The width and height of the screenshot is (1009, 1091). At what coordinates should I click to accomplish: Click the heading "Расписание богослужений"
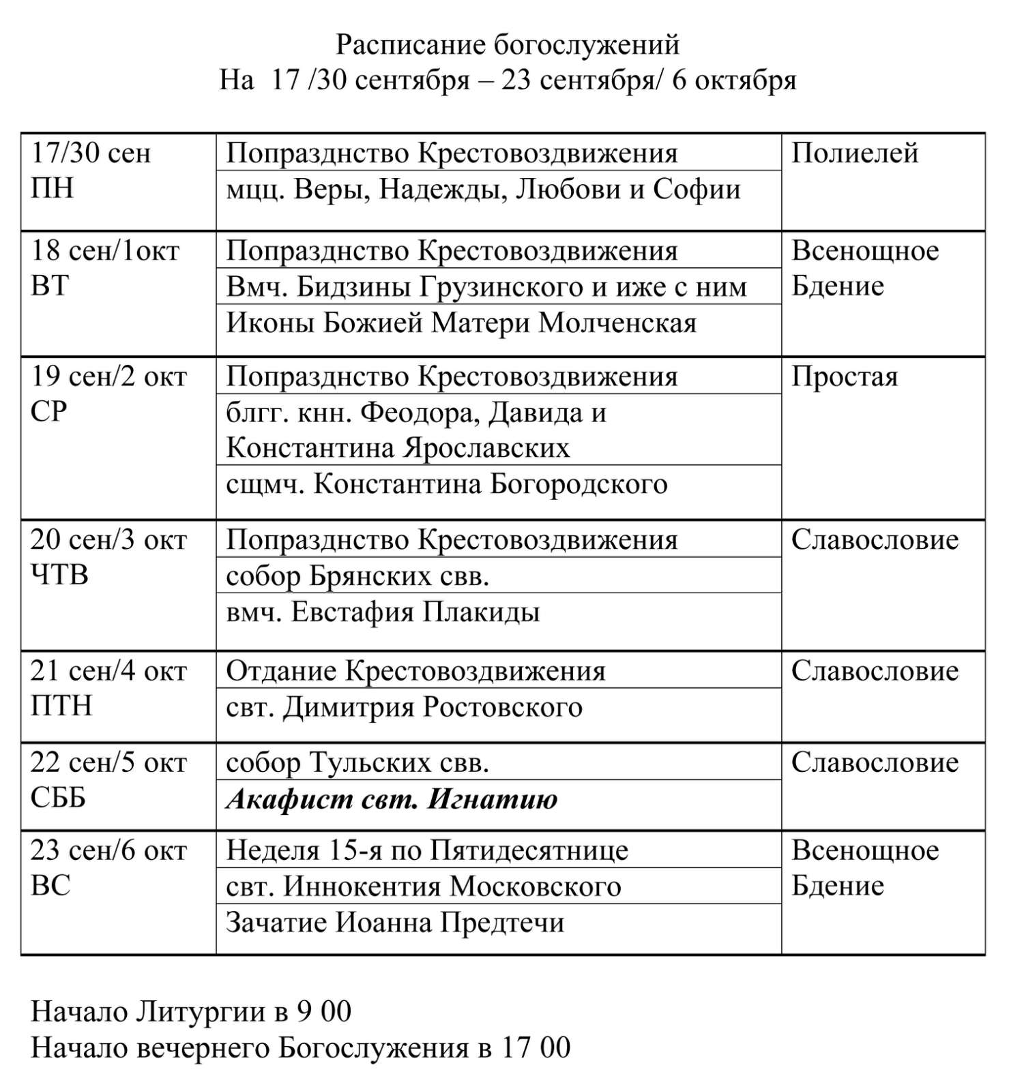click(508, 45)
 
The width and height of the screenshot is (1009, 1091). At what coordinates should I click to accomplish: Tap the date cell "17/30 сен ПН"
click(90, 170)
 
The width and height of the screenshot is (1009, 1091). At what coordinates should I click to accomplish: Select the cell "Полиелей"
click(854, 153)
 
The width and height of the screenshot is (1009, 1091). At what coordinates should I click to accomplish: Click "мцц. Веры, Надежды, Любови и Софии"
click(483, 189)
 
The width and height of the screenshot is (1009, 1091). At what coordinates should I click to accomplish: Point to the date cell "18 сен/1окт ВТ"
click(104, 268)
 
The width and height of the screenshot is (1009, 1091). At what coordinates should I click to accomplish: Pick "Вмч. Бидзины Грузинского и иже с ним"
click(486, 287)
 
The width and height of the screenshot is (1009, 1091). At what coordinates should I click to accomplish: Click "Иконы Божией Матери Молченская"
click(461, 323)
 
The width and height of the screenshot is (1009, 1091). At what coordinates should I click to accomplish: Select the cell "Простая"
click(844, 377)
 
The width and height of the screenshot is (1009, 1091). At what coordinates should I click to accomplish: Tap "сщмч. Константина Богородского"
click(446, 484)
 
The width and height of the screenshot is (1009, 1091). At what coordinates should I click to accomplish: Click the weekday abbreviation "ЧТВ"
click(59, 576)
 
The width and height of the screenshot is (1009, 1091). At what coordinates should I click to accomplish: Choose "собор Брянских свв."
click(357, 576)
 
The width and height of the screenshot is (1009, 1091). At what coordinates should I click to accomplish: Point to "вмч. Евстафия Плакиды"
click(383, 612)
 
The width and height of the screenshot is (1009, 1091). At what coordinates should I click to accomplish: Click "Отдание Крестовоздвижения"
click(415, 671)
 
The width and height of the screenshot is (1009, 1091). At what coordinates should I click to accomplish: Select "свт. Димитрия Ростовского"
click(404, 707)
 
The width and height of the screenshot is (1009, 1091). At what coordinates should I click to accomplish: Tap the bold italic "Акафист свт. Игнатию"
click(392, 798)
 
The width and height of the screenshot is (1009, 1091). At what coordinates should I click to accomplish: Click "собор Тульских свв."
click(357, 762)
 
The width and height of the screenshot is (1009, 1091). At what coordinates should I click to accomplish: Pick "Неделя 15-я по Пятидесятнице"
click(427, 850)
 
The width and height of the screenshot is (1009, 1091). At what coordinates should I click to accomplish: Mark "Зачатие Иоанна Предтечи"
click(395, 923)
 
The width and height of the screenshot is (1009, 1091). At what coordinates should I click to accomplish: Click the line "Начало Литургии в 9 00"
click(191, 1011)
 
